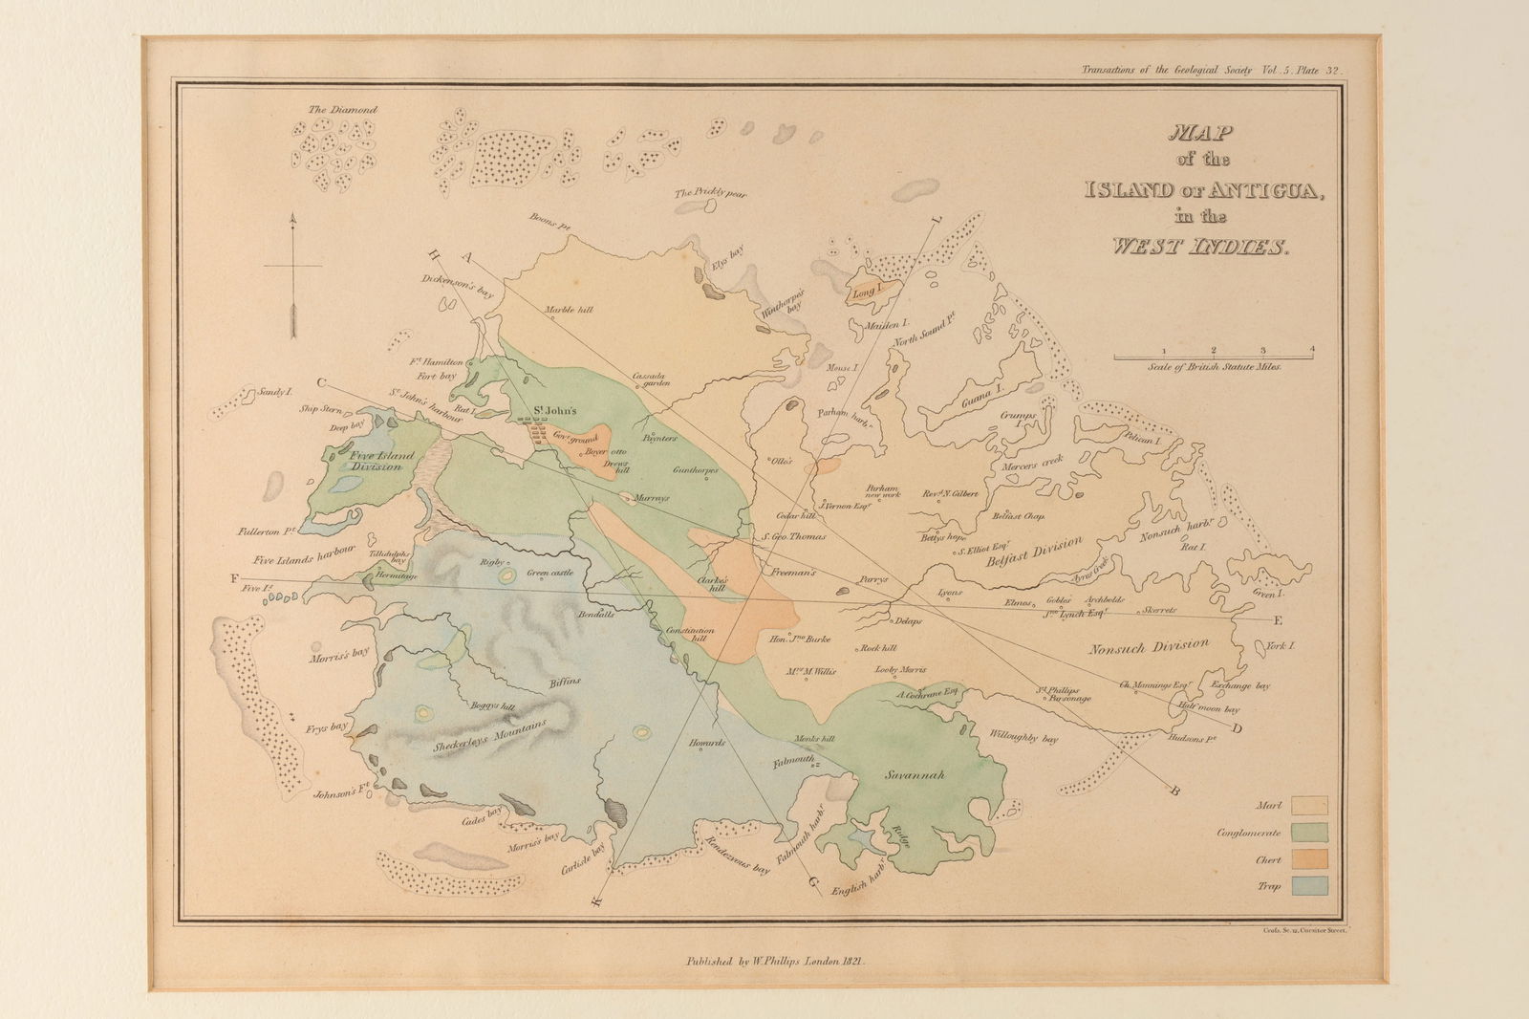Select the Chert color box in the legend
(1308, 859)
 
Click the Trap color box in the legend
(1308, 885)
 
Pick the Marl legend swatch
(1308, 806)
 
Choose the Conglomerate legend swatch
(1308, 833)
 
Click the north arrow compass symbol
(293, 277)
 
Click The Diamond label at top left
(342, 110)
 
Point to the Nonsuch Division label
(1148, 646)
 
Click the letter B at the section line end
(1174, 790)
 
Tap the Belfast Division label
(1036, 553)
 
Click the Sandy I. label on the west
(270, 393)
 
